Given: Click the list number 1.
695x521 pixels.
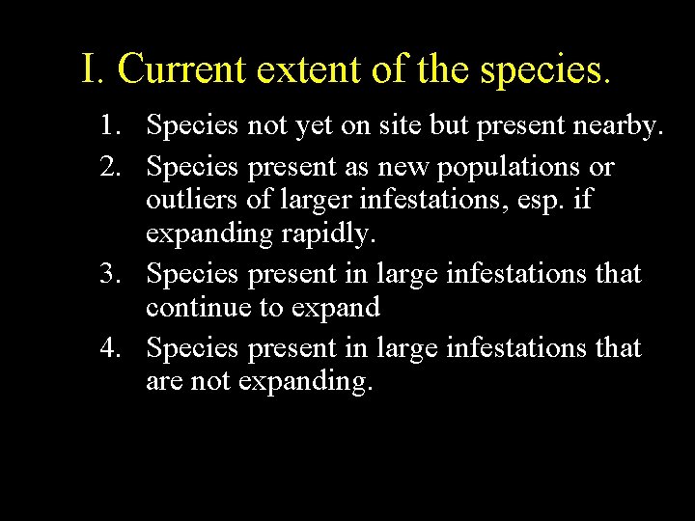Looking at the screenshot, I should (113, 124).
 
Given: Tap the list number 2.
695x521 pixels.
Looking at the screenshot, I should (113, 167).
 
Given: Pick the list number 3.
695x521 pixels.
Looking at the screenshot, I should (113, 274).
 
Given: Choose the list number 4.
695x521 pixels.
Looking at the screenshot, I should (113, 346).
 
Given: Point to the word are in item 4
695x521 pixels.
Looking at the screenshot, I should (165, 382).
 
